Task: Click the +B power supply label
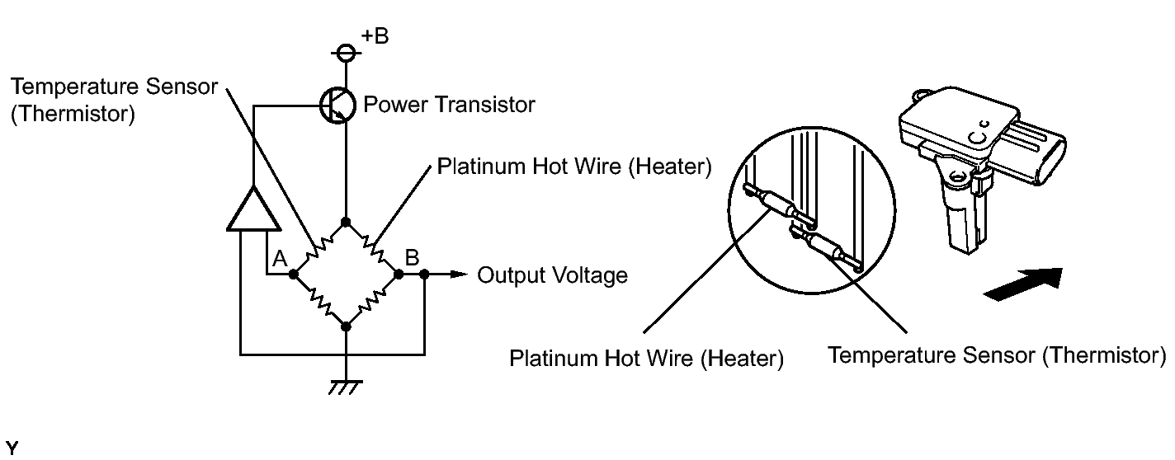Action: [x=375, y=35]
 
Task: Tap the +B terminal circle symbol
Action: [x=346, y=53]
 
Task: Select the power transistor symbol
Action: [x=337, y=106]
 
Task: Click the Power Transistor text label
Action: [x=449, y=104]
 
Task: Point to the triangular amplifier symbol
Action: [x=253, y=209]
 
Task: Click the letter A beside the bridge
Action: [x=280, y=258]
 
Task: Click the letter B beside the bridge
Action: [x=413, y=257]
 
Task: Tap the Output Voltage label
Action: [x=552, y=275]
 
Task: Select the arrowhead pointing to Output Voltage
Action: [x=459, y=274]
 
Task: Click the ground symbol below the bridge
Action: [x=345, y=387]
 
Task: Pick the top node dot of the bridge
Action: [x=345, y=223]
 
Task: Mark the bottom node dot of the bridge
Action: [x=346, y=326]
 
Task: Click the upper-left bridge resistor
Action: [x=319, y=248]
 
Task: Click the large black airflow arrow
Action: [x=1023, y=284]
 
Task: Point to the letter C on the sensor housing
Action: [x=976, y=138]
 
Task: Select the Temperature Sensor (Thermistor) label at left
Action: [x=114, y=100]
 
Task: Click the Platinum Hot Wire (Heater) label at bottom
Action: [x=646, y=359]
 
